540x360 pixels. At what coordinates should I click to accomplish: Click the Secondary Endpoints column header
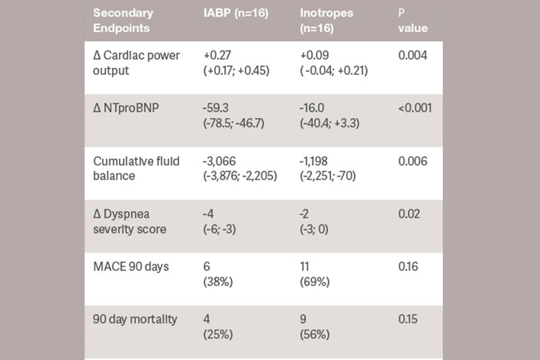pos(123,20)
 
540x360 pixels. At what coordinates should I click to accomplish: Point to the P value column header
pos(412,20)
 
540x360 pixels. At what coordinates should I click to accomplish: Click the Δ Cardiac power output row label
pos(136,62)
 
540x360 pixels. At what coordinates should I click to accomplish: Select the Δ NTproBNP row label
pos(127,108)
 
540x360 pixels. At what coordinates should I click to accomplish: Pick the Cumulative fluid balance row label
pos(136,169)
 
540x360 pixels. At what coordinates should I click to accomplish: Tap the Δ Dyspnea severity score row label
pos(129,221)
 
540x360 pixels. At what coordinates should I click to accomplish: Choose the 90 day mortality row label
pos(135,319)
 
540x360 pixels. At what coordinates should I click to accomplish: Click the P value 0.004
pos(413,56)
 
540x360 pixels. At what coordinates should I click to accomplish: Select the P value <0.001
pos(415,108)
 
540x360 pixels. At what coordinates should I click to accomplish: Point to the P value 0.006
pos(413,161)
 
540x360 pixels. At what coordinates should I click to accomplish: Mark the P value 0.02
pos(409,214)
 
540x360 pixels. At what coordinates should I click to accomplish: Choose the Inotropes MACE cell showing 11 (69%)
pos(314,274)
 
